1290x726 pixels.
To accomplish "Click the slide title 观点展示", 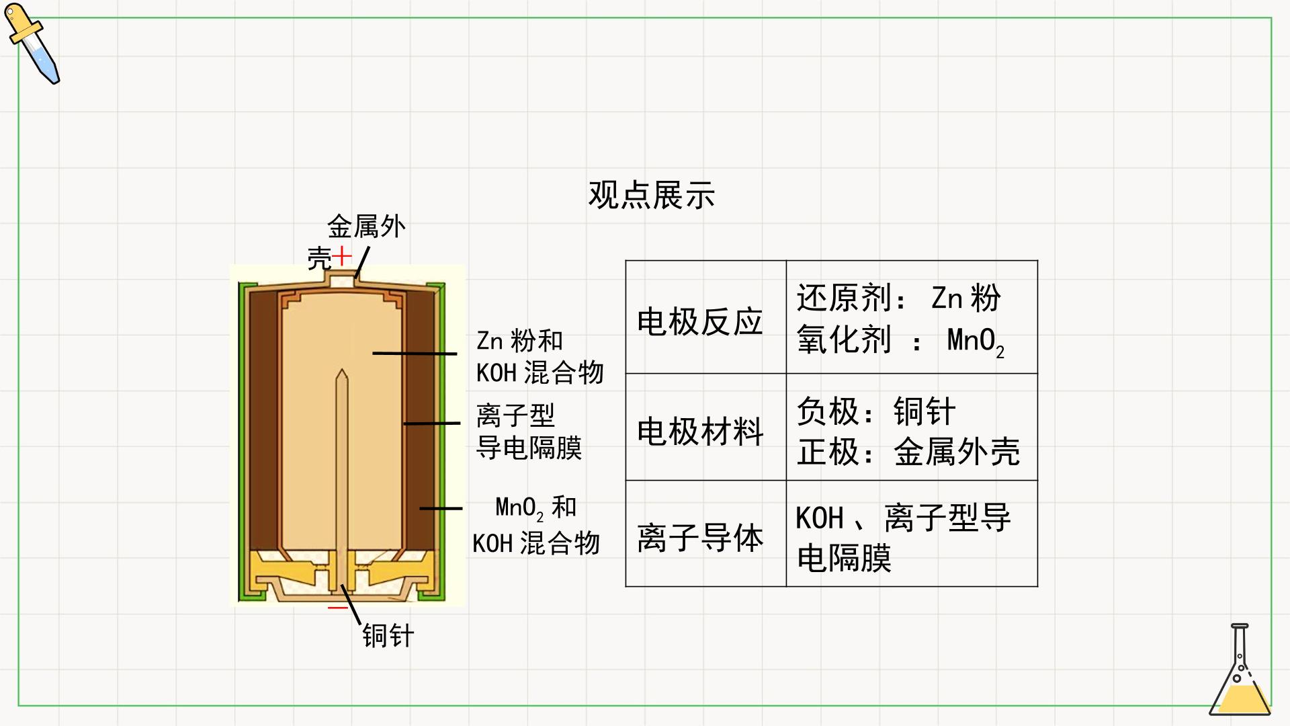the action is coord(651,195).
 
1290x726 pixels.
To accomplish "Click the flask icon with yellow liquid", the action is coord(1240,670).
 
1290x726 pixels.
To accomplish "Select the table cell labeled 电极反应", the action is coord(705,317).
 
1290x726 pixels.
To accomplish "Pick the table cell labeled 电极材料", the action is coord(705,427).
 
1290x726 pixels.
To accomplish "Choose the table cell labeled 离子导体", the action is coord(705,534).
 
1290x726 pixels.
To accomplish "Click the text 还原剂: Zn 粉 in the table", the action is coord(898,298).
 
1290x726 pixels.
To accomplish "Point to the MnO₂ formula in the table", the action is coord(976,341).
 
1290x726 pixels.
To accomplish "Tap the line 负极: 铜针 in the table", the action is coord(875,411).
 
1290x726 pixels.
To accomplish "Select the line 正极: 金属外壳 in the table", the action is coord(908,451).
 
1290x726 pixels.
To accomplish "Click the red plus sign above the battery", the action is coord(342,256).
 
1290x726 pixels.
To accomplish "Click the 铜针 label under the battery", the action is coord(388,635).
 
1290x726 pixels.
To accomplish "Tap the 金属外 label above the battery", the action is coord(366,227).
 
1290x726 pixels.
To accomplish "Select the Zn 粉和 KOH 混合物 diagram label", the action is coord(540,357).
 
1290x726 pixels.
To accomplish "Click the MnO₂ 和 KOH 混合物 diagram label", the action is coord(535,525).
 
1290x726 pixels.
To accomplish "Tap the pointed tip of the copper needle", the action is coord(342,369).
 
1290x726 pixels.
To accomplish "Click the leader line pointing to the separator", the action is coord(431,424).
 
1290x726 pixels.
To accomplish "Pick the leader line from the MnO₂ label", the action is coord(441,508).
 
